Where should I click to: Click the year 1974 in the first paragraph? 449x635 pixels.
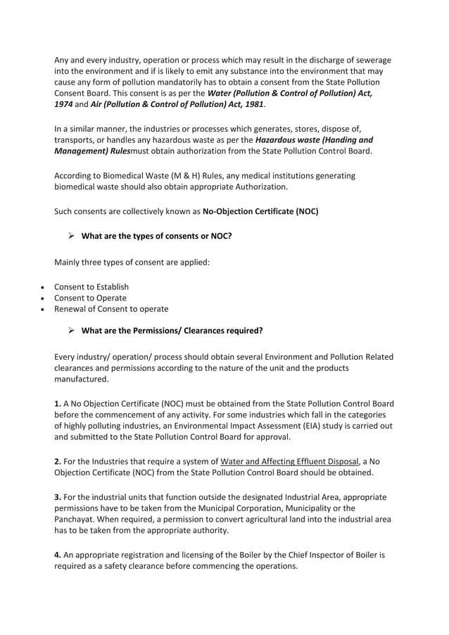click(65, 104)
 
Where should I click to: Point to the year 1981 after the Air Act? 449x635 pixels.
click(252, 104)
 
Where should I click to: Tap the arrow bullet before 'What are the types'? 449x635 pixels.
click(71, 236)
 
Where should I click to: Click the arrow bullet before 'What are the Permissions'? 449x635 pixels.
click(71, 330)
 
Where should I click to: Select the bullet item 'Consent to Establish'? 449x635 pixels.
click(91, 287)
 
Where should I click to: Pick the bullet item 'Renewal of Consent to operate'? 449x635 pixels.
click(111, 309)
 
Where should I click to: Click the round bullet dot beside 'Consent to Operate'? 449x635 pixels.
click(44, 298)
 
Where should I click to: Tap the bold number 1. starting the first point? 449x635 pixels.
click(58, 403)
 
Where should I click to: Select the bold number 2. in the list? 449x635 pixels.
click(58, 461)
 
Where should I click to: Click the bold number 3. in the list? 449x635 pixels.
click(58, 496)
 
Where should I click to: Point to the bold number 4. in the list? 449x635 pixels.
click(58, 555)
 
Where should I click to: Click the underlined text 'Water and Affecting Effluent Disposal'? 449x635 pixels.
click(290, 461)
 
